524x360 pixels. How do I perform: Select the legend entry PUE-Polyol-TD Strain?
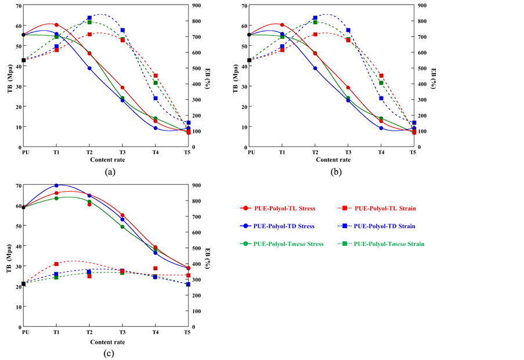386,226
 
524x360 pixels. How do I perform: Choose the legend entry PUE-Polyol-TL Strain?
385,208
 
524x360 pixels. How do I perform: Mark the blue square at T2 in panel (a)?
89,18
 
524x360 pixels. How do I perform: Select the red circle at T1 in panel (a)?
56,25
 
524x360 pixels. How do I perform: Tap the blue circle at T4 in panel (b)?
381,128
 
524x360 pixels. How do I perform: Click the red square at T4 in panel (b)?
381,75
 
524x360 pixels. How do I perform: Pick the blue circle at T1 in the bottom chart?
56,186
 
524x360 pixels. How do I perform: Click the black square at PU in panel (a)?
24,60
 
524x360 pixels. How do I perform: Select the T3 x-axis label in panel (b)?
348,152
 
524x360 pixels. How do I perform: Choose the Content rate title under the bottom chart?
107,341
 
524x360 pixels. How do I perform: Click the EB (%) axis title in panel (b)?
433,77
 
